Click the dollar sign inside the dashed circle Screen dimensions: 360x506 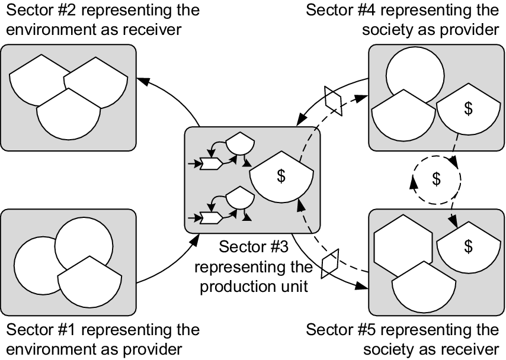pyautogui.click(x=436, y=178)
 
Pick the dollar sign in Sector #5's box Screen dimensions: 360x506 pyautogui.click(x=468, y=246)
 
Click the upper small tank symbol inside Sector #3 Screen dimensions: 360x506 pyautogui.click(x=240, y=144)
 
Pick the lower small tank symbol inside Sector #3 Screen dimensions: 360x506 pyautogui.click(x=240, y=198)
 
